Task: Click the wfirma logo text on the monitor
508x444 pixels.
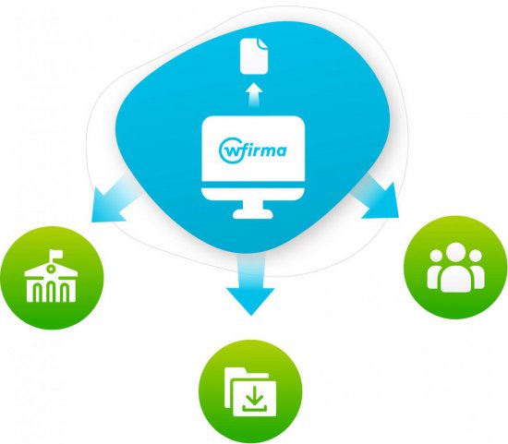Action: [253, 150]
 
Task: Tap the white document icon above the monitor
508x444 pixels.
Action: [254, 56]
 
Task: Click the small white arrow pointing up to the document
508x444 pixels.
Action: [254, 94]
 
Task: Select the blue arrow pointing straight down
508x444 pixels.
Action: [250, 284]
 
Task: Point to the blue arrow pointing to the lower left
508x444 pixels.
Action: [114, 202]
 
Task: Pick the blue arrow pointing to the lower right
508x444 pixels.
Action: [378, 197]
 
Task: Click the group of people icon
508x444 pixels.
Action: [455, 267]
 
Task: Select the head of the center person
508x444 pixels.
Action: [455, 253]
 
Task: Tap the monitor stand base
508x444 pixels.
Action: [253, 214]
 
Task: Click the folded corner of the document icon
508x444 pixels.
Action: [262, 43]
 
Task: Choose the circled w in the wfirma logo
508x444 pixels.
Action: [228, 150]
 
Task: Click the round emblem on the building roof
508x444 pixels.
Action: [50, 269]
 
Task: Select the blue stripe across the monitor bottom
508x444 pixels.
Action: [253, 185]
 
